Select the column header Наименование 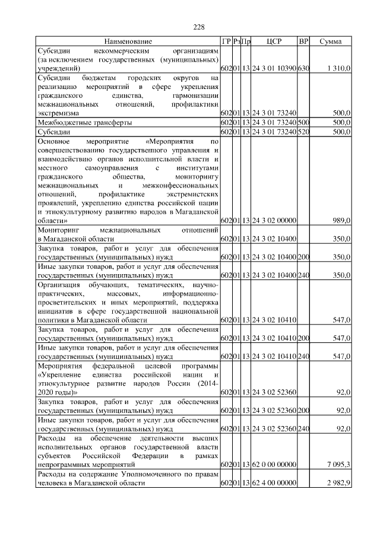coord(128,42)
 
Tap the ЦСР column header coord(274,42)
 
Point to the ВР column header coord(303,42)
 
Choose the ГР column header coord(226,42)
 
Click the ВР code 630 coord(303,69)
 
